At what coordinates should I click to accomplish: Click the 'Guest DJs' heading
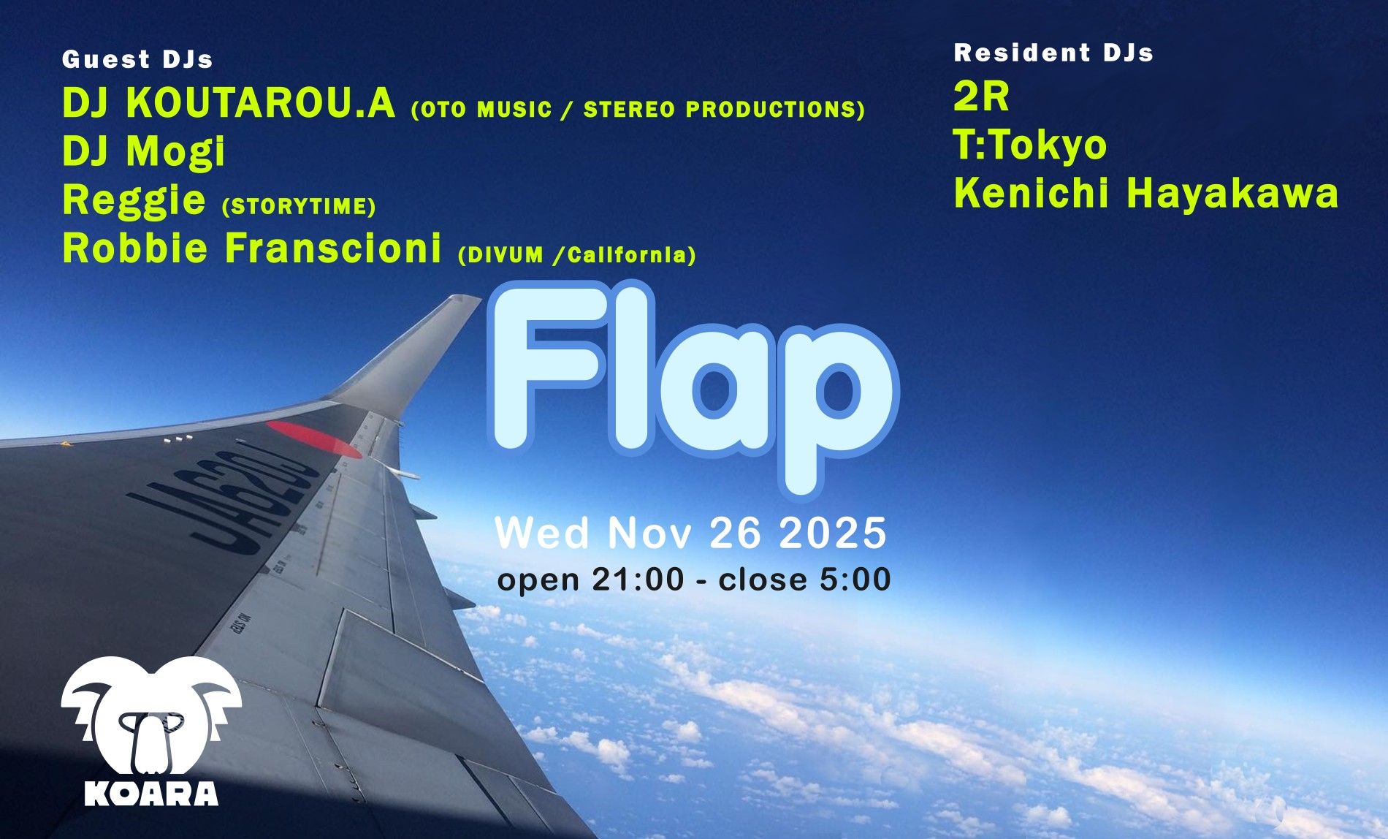(137, 59)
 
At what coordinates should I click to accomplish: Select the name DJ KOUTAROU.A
(229, 103)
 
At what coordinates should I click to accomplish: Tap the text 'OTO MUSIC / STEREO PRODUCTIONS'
(638, 110)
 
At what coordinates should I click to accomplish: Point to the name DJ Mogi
(144, 151)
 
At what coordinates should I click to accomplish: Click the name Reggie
(134, 200)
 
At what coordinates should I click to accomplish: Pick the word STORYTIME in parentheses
(298, 207)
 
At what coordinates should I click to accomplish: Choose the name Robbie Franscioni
(252, 248)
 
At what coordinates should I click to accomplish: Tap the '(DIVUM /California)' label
(576, 255)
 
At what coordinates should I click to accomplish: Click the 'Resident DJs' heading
(1053, 53)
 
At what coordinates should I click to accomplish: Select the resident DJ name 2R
(981, 96)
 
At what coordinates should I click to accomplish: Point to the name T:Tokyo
(1030, 145)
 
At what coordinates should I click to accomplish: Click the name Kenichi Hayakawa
(1145, 194)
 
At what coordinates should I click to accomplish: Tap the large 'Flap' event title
(693, 387)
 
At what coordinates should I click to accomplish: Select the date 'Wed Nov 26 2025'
(690, 532)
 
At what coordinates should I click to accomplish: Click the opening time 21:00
(638, 580)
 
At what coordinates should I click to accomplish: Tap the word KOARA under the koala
(151, 794)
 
